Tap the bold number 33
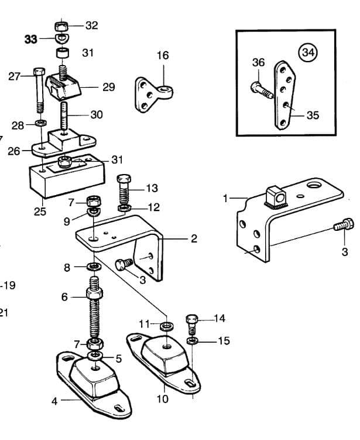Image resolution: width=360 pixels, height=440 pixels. [30, 39]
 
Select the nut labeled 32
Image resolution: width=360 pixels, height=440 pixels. [61, 26]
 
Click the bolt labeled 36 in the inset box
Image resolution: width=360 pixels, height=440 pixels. [260, 90]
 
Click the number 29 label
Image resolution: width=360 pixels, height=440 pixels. [108, 87]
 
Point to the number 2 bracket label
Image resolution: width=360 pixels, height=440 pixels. [194, 238]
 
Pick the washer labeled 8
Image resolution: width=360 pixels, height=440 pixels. [93, 267]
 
